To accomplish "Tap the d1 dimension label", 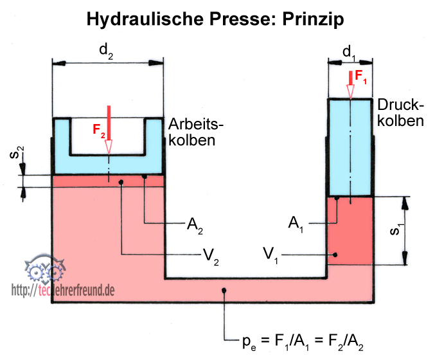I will coord(350,52).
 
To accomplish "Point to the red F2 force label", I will coord(98,130).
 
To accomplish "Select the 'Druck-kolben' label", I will coord(401,112).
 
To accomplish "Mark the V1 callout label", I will coord(271,255).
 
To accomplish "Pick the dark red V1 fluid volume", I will coord(350,231).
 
